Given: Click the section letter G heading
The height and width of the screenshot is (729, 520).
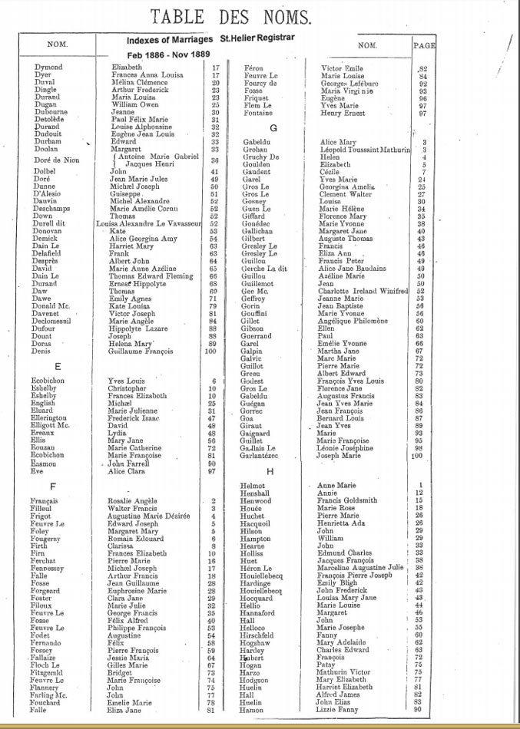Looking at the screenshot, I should click(x=273, y=127).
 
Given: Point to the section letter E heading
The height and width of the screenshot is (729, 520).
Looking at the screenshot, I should click(x=58, y=366).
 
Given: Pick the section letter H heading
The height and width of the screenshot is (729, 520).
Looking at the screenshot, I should click(x=270, y=471).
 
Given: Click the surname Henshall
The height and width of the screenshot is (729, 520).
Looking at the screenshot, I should click(x=257, y=493).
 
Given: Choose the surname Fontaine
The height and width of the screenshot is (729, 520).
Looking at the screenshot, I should click(x=257, y=114).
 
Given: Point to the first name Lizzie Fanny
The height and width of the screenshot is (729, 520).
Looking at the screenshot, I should click(x=338, y=710).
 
